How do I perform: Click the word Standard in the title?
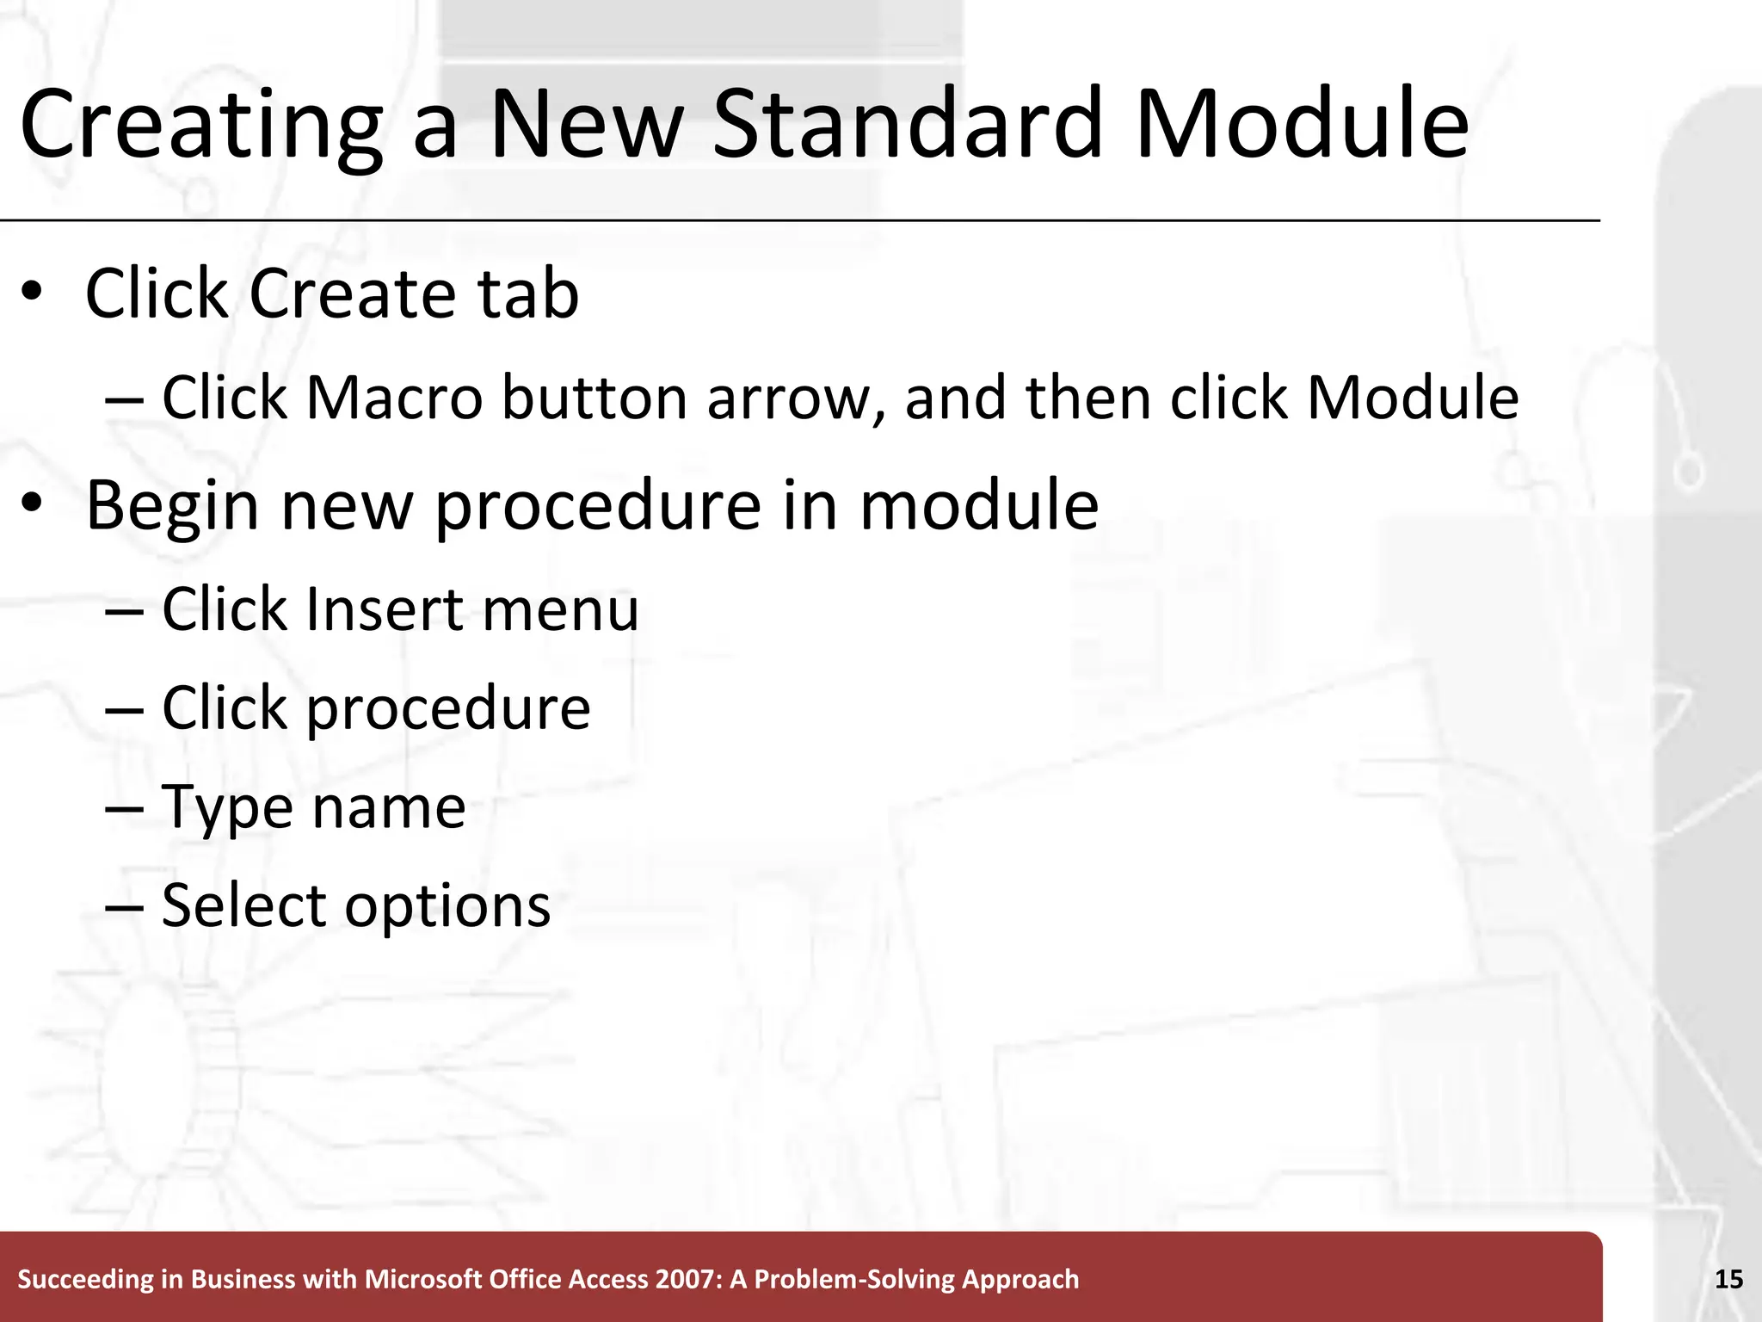[x=908, y=125]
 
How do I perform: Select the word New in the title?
[x=586, y=125]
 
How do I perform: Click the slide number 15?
[x=1728, y=1280]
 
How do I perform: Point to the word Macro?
[x=394, y=398]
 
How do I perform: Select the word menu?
[x=560, y=609]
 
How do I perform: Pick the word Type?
[x=226, y=809]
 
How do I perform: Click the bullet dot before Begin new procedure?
[x=32, y=503]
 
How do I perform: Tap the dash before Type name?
[x=124, y=807]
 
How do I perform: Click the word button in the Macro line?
[x=595, y=398]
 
